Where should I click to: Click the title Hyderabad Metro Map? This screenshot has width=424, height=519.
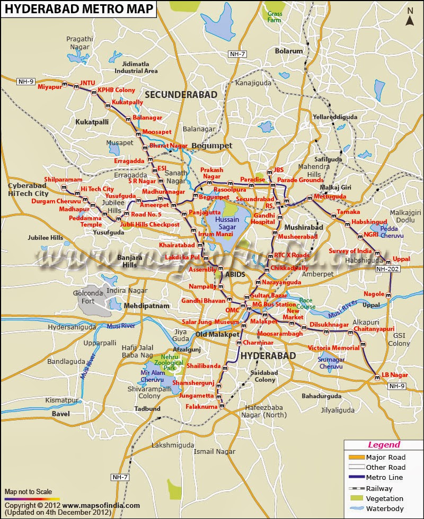click(x=79, y=9)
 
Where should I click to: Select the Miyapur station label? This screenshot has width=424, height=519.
click(x=50, y=87)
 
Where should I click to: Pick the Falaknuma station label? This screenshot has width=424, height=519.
click(x=201, y=407)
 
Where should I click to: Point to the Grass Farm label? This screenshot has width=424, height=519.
click(x=275, y=16)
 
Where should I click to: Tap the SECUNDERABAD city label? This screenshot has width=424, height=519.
click(x=181, y=94)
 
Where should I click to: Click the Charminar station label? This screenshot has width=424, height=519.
click(x=258, y=343)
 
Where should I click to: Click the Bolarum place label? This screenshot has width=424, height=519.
click(x=289, y=51)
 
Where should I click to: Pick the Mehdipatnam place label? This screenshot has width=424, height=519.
click(x=147, y=306)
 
